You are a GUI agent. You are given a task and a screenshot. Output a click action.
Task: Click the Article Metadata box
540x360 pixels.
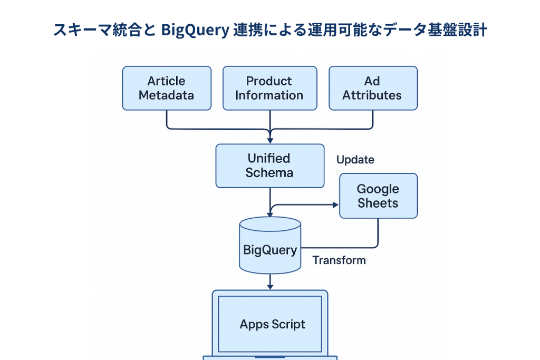(x=167, y=88)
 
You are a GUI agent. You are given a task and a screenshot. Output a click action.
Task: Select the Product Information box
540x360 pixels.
(x=269, y=88)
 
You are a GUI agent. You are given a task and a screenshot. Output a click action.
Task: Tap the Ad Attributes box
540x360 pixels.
(x=373, y=88)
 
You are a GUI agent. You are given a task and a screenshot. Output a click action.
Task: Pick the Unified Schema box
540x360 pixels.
(x=269, y=166)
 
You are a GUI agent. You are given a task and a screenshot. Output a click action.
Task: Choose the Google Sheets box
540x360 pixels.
(x=378, y=196)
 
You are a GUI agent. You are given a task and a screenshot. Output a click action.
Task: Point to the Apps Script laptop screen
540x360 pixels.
(x=270, y=324)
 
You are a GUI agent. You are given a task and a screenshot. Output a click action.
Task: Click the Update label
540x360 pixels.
(x=355, y=160)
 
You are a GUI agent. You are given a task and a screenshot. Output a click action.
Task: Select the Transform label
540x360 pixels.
(x=339, y=260)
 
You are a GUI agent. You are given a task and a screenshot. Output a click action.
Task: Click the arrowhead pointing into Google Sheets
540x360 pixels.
(x=335, y=205)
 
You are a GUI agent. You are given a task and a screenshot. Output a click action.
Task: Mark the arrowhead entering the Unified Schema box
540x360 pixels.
(x=270, y=141)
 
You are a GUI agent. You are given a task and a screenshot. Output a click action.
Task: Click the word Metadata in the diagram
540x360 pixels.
(x=167, y=95)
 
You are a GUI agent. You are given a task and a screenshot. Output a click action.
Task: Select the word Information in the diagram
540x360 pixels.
(x=269, y=95)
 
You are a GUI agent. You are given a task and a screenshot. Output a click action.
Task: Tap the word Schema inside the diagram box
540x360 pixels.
(x=269, y=173)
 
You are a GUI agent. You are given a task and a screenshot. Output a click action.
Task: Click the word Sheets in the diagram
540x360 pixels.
(x=378, y=203)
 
